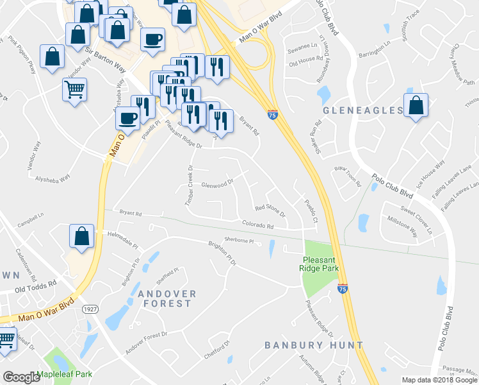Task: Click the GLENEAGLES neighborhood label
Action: click(363, 110)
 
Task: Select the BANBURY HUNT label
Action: click(314, 345)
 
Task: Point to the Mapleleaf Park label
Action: click(65, 374)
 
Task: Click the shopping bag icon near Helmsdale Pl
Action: click(82, 235)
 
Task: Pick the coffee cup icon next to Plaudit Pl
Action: click(127, 119)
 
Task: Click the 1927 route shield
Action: click(89, 310)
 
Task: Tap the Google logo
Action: click(21, 377)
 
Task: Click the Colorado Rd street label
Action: click(257, 226)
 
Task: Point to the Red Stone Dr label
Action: click(269, 208)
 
